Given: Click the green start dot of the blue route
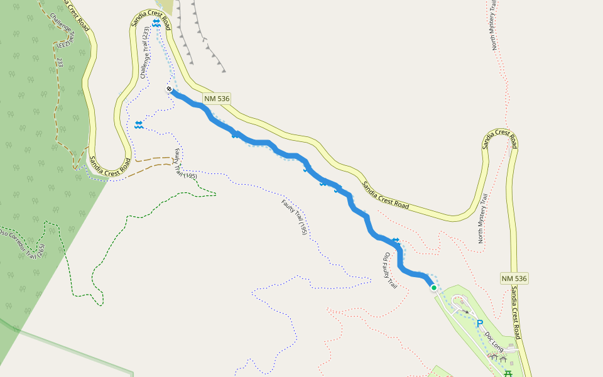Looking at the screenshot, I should [433, 287].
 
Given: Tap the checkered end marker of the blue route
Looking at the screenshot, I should [169, 89].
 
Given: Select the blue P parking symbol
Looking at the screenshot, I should [479, 324].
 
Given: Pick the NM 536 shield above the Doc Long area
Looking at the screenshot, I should [514, 278].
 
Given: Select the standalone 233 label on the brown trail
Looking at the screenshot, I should [60, 62].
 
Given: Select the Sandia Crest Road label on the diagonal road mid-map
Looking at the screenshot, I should [385, 195].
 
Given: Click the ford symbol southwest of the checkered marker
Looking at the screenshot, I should [138, 124].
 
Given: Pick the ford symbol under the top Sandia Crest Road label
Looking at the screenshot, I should [156, 23].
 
